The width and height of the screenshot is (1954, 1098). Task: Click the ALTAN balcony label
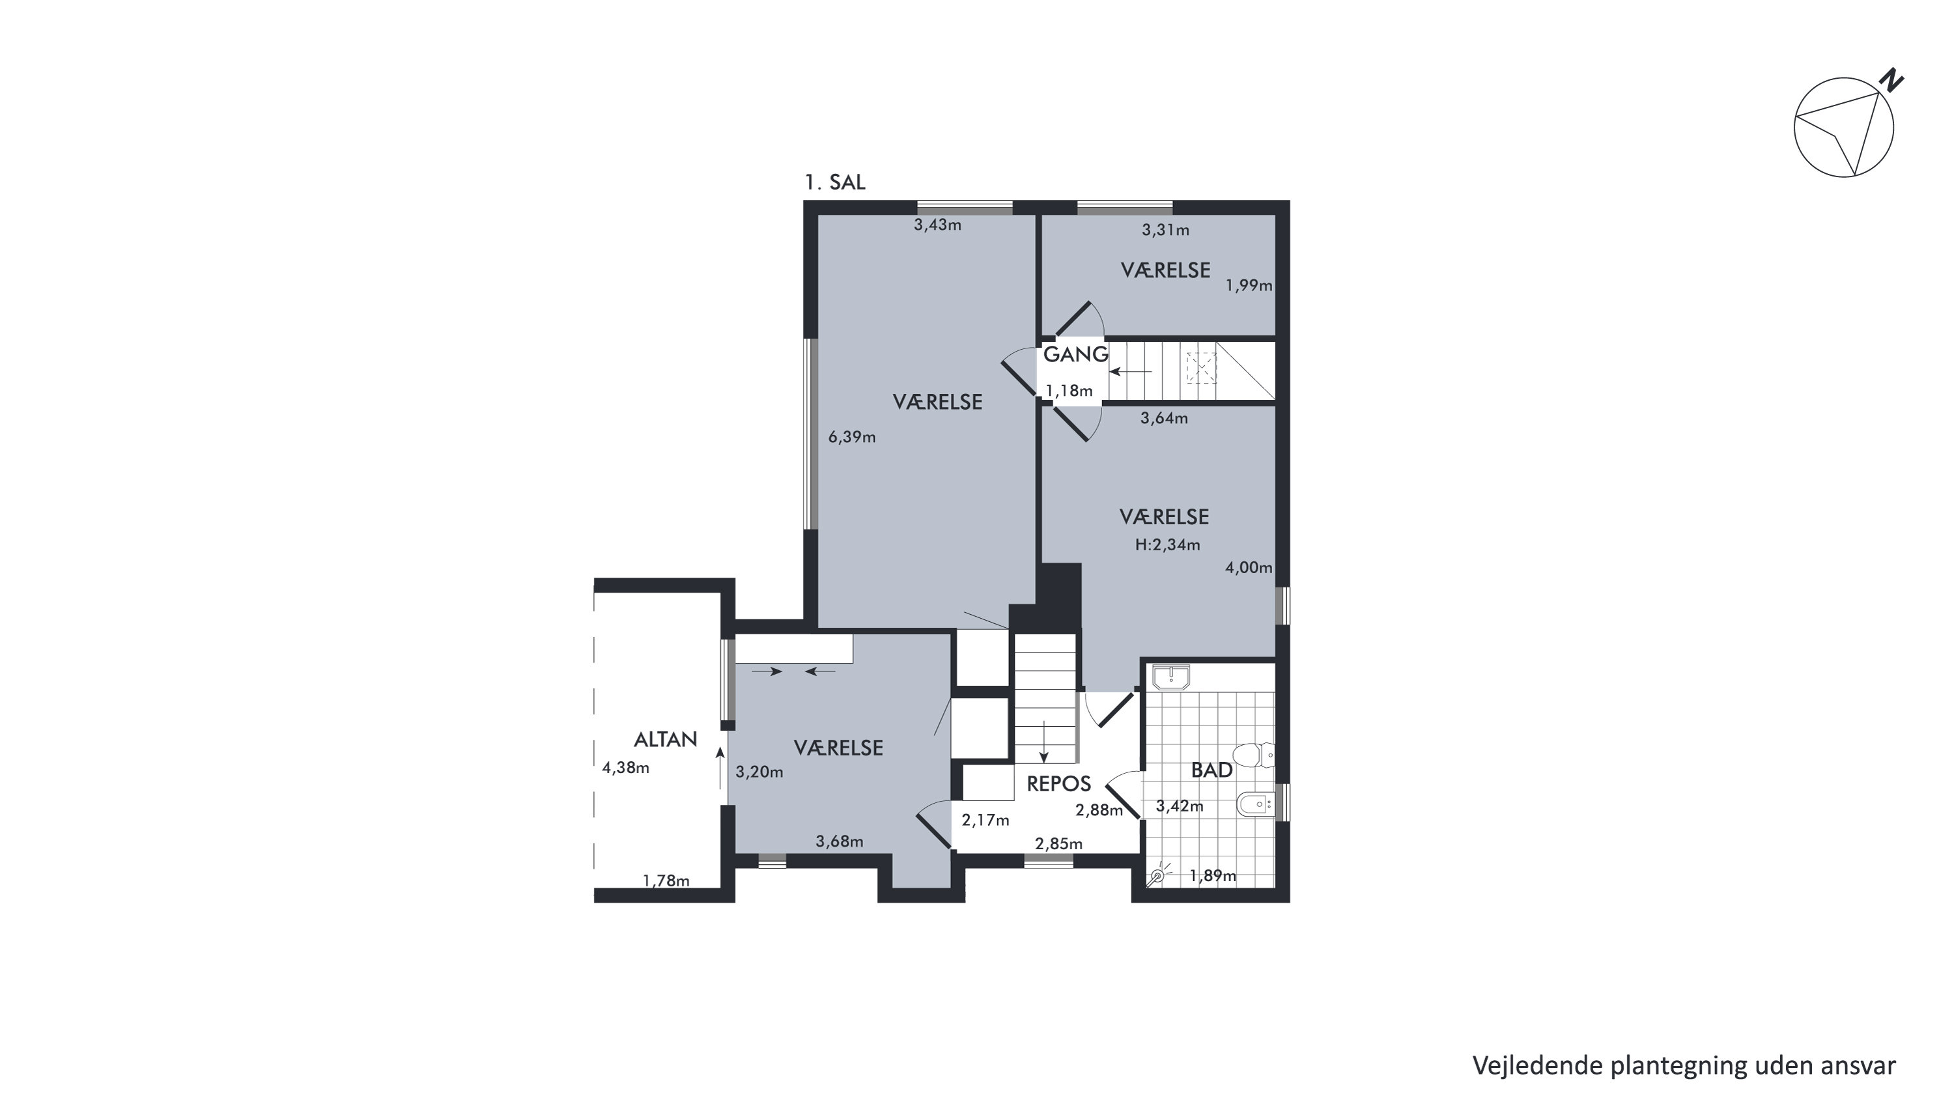(665, 739)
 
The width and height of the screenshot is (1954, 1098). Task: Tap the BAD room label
(1211, 770)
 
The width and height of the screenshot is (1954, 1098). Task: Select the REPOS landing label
(1059, 784)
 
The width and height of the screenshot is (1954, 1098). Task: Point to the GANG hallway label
(1075, 354)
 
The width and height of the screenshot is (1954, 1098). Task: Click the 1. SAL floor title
(835, 183)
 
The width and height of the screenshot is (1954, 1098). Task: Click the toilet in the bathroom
(1253, 755)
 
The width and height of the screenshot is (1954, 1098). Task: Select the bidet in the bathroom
(1255, 803)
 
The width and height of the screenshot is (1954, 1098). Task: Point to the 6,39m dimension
(852, 438)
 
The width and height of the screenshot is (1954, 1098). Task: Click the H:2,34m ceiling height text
(1167, 544)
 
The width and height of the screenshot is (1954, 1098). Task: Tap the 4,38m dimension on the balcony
(626, 768)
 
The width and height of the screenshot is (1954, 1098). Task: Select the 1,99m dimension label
(1249, 286)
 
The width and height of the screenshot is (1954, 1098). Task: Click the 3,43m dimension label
(937, 225)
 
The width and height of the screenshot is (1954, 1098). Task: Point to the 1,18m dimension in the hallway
(1069, 391)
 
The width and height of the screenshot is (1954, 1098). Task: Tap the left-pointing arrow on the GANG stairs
(1131, 372)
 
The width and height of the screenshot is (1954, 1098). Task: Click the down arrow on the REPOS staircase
(1043, 743)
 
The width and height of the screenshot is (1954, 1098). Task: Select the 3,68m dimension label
(840, 841)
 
